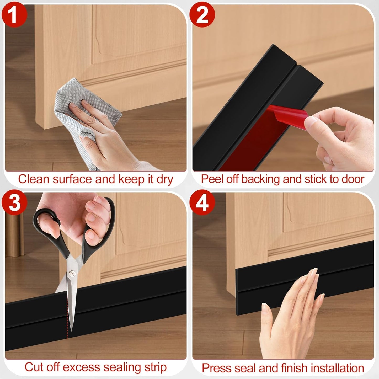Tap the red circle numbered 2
[x=202, y=14]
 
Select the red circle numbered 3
[x=14, y=202]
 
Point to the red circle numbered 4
[x=202, y=202]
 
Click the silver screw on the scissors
[x=70, y=273]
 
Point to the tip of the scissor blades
[x=71, y=329]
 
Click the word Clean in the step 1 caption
[x=34, y=179]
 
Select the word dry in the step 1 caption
[x=165, y=179]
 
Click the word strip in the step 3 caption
[x=155, y=367]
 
